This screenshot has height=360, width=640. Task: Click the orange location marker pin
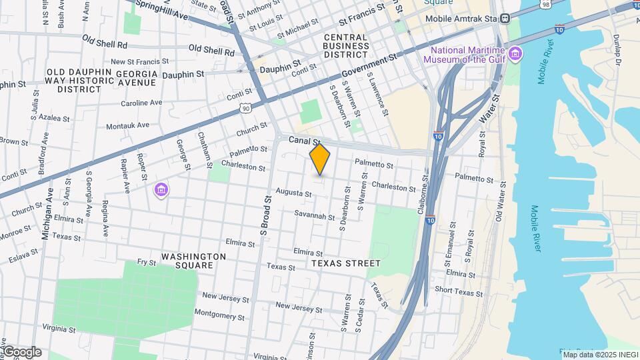click(x=320, y=159)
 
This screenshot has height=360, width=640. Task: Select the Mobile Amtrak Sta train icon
click(x=505, y=19)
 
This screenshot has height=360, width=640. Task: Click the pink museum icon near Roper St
click(x=161, y=191)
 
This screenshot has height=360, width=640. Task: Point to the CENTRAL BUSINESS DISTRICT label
click(x=346, y=45)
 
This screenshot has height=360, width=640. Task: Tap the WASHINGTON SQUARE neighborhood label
click(x=193, y=261)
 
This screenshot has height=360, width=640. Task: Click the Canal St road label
click(x=305, y=141)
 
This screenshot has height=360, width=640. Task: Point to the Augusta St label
click(x=294, y=194)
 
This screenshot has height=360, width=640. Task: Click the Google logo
click(x=21, y=352)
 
